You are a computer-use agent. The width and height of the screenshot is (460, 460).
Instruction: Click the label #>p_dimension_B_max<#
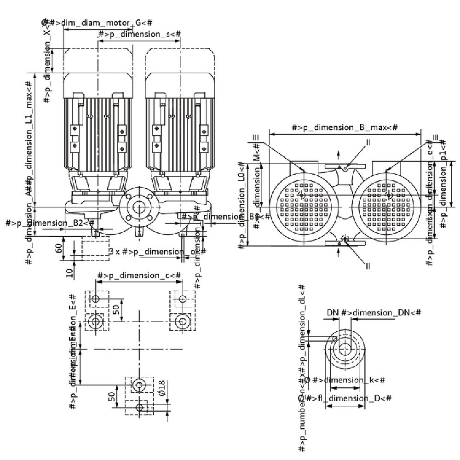click(345, 127)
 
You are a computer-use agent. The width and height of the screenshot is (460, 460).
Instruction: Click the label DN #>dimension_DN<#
click(374, 312)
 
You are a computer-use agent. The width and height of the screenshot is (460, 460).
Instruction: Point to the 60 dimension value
click(58, 248)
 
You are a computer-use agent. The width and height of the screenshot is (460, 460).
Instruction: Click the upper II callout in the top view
click(368, 143)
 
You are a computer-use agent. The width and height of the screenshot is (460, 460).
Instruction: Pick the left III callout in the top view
click(256, 137)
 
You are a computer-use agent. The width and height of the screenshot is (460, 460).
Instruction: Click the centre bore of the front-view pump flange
click(138, 207)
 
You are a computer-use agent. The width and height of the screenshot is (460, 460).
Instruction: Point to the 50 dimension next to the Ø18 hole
click(111, 397)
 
